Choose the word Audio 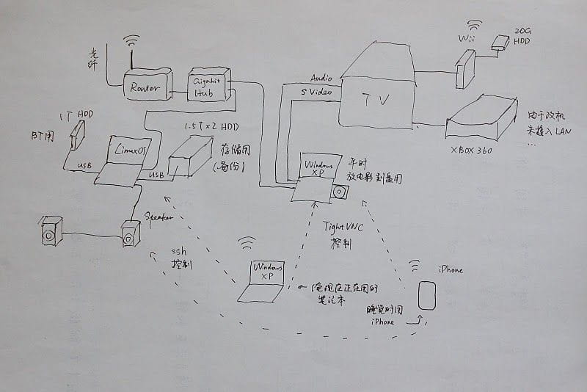click(x=321, y=76)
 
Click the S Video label click(x=316, y=92)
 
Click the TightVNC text click(x=343, y=228)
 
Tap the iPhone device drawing click(x=426, y=294)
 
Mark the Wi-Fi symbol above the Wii click(x=475, y=26)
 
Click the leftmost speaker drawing click(x=51, y=231)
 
